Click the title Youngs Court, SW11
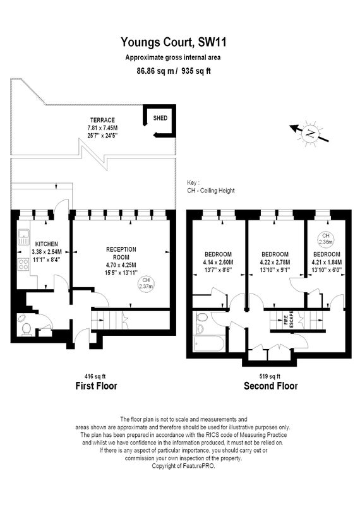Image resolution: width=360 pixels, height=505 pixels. coord(174,42)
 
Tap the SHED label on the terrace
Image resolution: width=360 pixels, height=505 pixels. coord(160,118)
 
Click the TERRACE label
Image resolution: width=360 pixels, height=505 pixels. coord(102,120)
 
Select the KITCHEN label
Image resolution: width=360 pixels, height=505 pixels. coord(46,244)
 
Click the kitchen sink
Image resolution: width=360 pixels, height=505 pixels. coord(23,237)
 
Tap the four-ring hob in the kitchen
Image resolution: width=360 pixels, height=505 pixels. coord(23,264)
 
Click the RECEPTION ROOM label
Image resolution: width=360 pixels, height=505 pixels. coord(121,253)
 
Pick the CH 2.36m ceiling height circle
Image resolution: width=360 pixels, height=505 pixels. coord(325,239)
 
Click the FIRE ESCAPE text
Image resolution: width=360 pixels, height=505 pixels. coord(289,319)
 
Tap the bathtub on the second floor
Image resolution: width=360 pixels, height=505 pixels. coord(209,344)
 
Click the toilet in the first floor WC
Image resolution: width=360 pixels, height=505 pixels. coord(26,329)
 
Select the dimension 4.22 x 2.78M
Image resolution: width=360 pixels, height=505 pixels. coord(275,262)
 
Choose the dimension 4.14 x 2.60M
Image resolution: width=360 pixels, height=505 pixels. coord(218,262)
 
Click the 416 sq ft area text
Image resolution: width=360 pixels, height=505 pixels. coord(95,376)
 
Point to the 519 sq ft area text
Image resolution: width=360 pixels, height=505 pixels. coord(270,376)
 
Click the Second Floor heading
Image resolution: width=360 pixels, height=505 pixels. coord(271,386)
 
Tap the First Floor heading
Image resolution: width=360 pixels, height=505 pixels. coord(96,386)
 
